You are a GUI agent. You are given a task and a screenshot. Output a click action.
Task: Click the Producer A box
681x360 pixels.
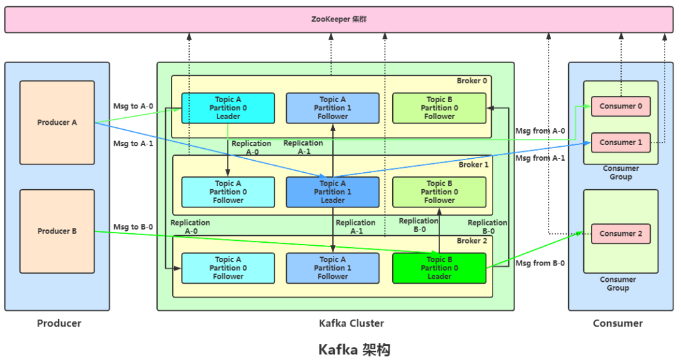click(x=57, y=122)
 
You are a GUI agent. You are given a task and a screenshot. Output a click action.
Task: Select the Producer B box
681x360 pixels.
click(x=57, y=231)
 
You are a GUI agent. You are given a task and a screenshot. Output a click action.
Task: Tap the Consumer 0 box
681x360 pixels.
click(x=620, y=107)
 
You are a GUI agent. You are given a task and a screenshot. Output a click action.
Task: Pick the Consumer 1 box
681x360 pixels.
click(x=620, y=142)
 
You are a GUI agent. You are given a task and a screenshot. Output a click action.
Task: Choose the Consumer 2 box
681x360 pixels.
click(x=620, y=233)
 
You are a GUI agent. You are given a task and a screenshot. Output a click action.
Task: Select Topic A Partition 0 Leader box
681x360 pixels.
click(x=228, y=108)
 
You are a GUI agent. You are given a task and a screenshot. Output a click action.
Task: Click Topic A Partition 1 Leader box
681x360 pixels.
click(x=333, y=192)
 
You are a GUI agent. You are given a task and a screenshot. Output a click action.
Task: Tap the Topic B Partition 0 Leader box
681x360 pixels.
click(x=439, y=268)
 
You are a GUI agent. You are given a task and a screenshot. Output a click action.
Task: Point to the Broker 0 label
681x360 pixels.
click(x=472, y=81)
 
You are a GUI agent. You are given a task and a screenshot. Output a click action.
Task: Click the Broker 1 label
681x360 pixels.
click(x=474, y=165)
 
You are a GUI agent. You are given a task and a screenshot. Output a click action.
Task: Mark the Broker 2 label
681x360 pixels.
click(x=472, y=241)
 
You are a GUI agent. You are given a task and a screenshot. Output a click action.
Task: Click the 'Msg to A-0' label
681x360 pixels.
click(x=133, y=106)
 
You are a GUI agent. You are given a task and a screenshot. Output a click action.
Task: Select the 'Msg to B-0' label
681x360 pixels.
click(x=133, y=227)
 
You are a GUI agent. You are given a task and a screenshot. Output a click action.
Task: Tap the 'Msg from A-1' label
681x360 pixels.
click(x=540, y=158)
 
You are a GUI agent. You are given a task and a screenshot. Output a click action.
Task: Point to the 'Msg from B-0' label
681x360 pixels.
click(x=540, y=264)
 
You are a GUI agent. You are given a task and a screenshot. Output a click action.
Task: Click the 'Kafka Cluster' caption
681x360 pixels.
click(x=351, y=323)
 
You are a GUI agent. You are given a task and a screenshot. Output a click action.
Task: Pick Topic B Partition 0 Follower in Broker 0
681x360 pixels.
click(x=439, y=108)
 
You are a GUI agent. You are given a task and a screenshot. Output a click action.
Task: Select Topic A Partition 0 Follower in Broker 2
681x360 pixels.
click(x=228, y=268)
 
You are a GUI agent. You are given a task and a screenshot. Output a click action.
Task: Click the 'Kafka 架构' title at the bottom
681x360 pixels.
click(x=354, y=349)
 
